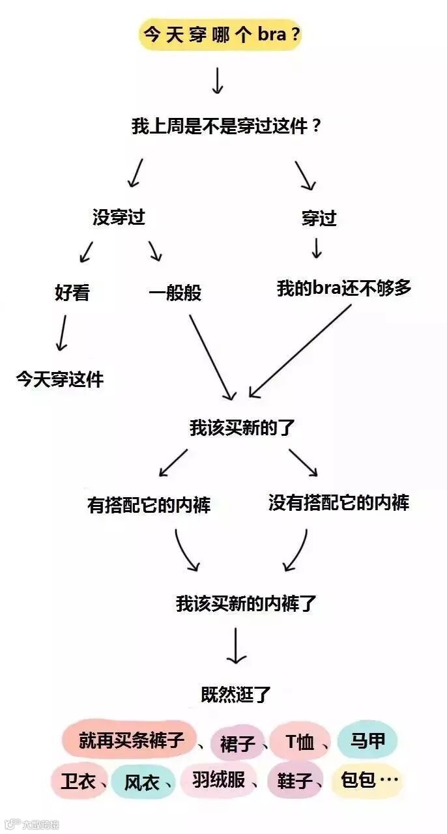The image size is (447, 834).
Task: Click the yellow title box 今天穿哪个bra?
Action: click(220, 35)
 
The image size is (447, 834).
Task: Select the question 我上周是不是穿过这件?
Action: click(226, 126)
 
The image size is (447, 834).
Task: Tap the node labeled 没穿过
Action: click(119, 218)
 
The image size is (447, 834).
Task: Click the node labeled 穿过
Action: click(319, 218)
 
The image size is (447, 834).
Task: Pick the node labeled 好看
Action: click(72, 293)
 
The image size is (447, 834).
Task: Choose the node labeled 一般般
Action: click(175, 293)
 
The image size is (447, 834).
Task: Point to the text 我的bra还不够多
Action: click(344, 288)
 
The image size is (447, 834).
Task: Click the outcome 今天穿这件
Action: click(59, 379)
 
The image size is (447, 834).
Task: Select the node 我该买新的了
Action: click(242, 428)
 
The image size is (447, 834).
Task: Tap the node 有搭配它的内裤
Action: click(149, 505)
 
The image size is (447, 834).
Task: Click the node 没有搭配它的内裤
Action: click(339, 502)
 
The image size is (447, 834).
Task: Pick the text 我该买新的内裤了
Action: click(246, 603)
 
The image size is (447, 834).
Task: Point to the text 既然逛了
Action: click(236, 695)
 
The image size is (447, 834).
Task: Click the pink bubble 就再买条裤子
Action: click(130, 740)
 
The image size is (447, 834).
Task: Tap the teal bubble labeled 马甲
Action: click(368, 741)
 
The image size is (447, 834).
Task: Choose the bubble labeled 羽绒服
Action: click(218, 780)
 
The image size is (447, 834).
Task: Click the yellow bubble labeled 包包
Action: click(366, 779)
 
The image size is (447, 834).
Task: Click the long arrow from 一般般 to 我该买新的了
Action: click(212, 357)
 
